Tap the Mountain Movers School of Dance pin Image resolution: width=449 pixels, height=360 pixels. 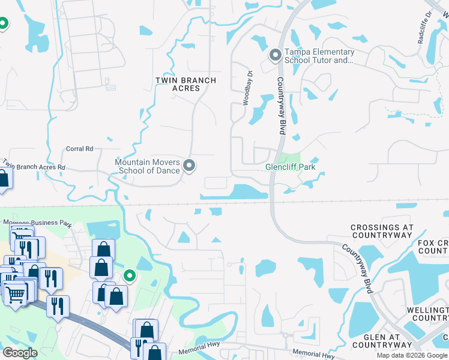coord(190,165)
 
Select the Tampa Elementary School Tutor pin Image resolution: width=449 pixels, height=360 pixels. coord(276,56)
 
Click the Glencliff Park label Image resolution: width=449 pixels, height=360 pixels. coord(291,167)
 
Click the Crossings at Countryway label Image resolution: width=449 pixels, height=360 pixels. coord(382,232)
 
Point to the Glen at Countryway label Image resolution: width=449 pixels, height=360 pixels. coord(382,341)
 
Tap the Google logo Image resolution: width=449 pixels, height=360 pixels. coord(20,352)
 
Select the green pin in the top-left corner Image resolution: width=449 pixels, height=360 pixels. coord(3,24)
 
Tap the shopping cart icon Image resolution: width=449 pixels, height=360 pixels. coord(16,293)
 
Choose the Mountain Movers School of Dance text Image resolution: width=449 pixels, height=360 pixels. coord(148,166)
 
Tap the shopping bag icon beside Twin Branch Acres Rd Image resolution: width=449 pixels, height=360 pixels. coord(4,178)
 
